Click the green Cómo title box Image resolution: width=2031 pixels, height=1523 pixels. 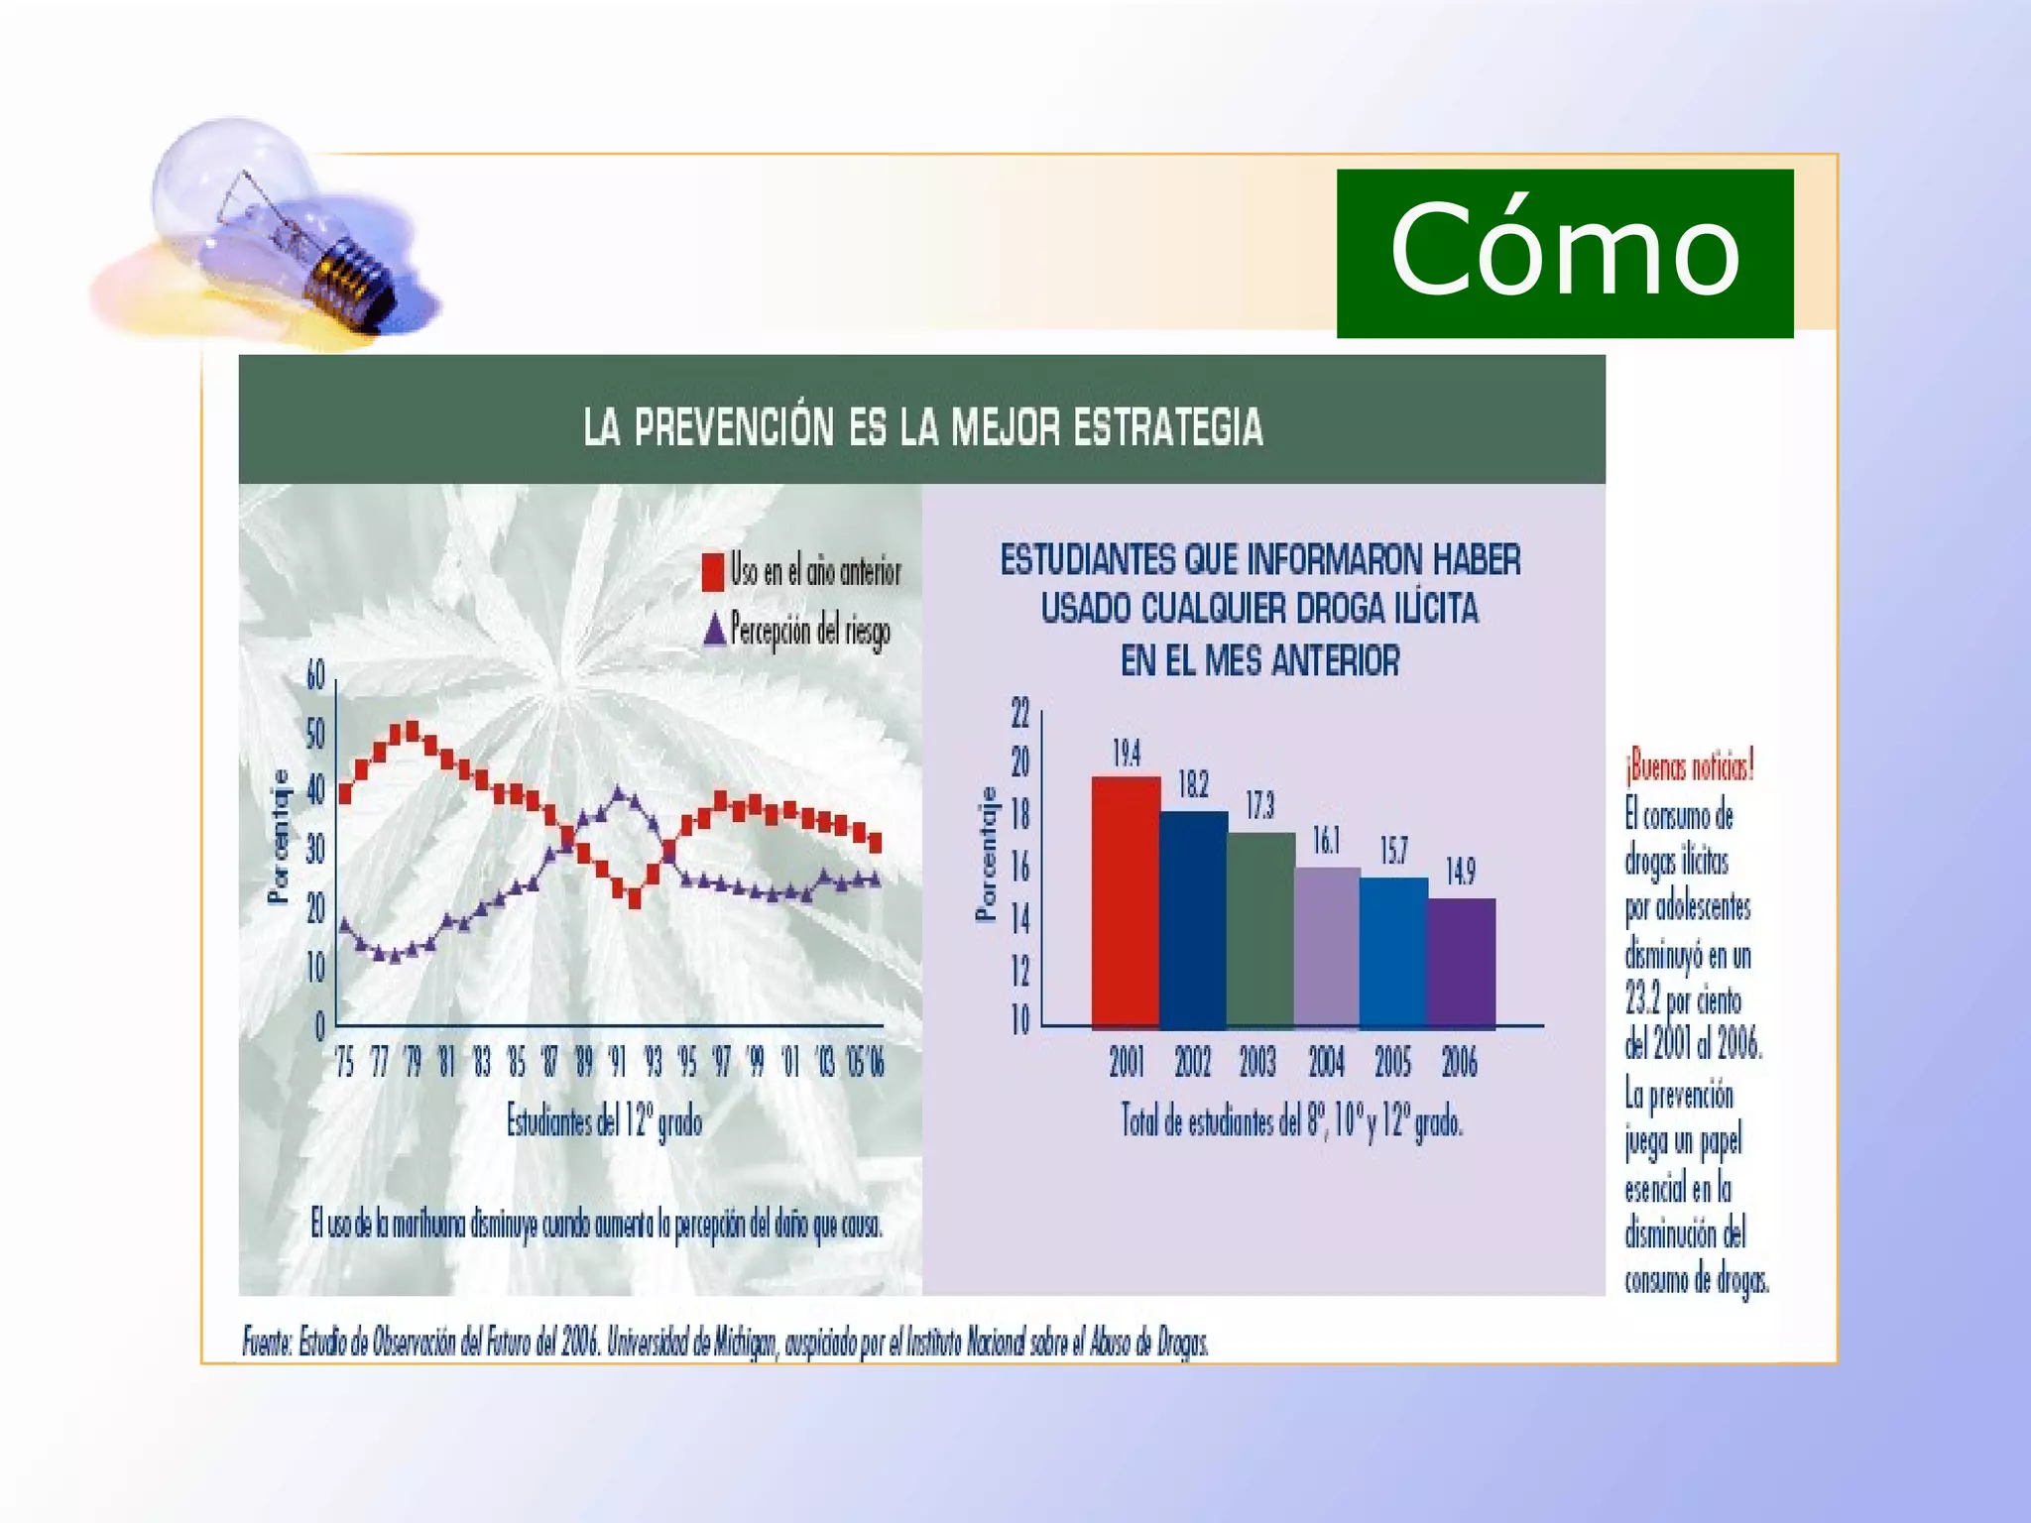coord(1564,253)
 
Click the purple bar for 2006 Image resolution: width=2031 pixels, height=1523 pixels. coord(1461,962)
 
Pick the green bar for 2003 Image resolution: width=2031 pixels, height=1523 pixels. coord(1259,929)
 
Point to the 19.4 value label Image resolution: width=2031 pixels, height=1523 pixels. coord(1126,754)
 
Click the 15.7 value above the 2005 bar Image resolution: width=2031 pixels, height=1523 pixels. coord(1393,851)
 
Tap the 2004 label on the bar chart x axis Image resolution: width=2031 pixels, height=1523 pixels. coord(1326,1063)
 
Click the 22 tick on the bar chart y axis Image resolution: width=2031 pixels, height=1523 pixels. coord(1019,712)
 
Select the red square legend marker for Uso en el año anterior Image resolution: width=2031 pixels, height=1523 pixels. coord(712,572)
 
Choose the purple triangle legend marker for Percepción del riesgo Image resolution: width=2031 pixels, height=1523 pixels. coord(714,630)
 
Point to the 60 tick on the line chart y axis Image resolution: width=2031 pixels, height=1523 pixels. coord(315,676)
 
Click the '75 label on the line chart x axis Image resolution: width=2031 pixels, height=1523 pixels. coord(344,1063)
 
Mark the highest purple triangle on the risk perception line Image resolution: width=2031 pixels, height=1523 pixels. coord(619,793)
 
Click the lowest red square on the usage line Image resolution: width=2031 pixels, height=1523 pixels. coord(635,900)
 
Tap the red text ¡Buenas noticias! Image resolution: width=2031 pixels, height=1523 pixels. coord(1689,766)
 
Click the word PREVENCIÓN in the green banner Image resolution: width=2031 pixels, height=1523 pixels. coord(734,427)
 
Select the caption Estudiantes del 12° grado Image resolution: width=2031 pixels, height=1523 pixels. coord(604,1122)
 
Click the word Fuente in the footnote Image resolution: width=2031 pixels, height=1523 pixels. coord(266,1343)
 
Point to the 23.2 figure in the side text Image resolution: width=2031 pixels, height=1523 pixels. coord(1642,999)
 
